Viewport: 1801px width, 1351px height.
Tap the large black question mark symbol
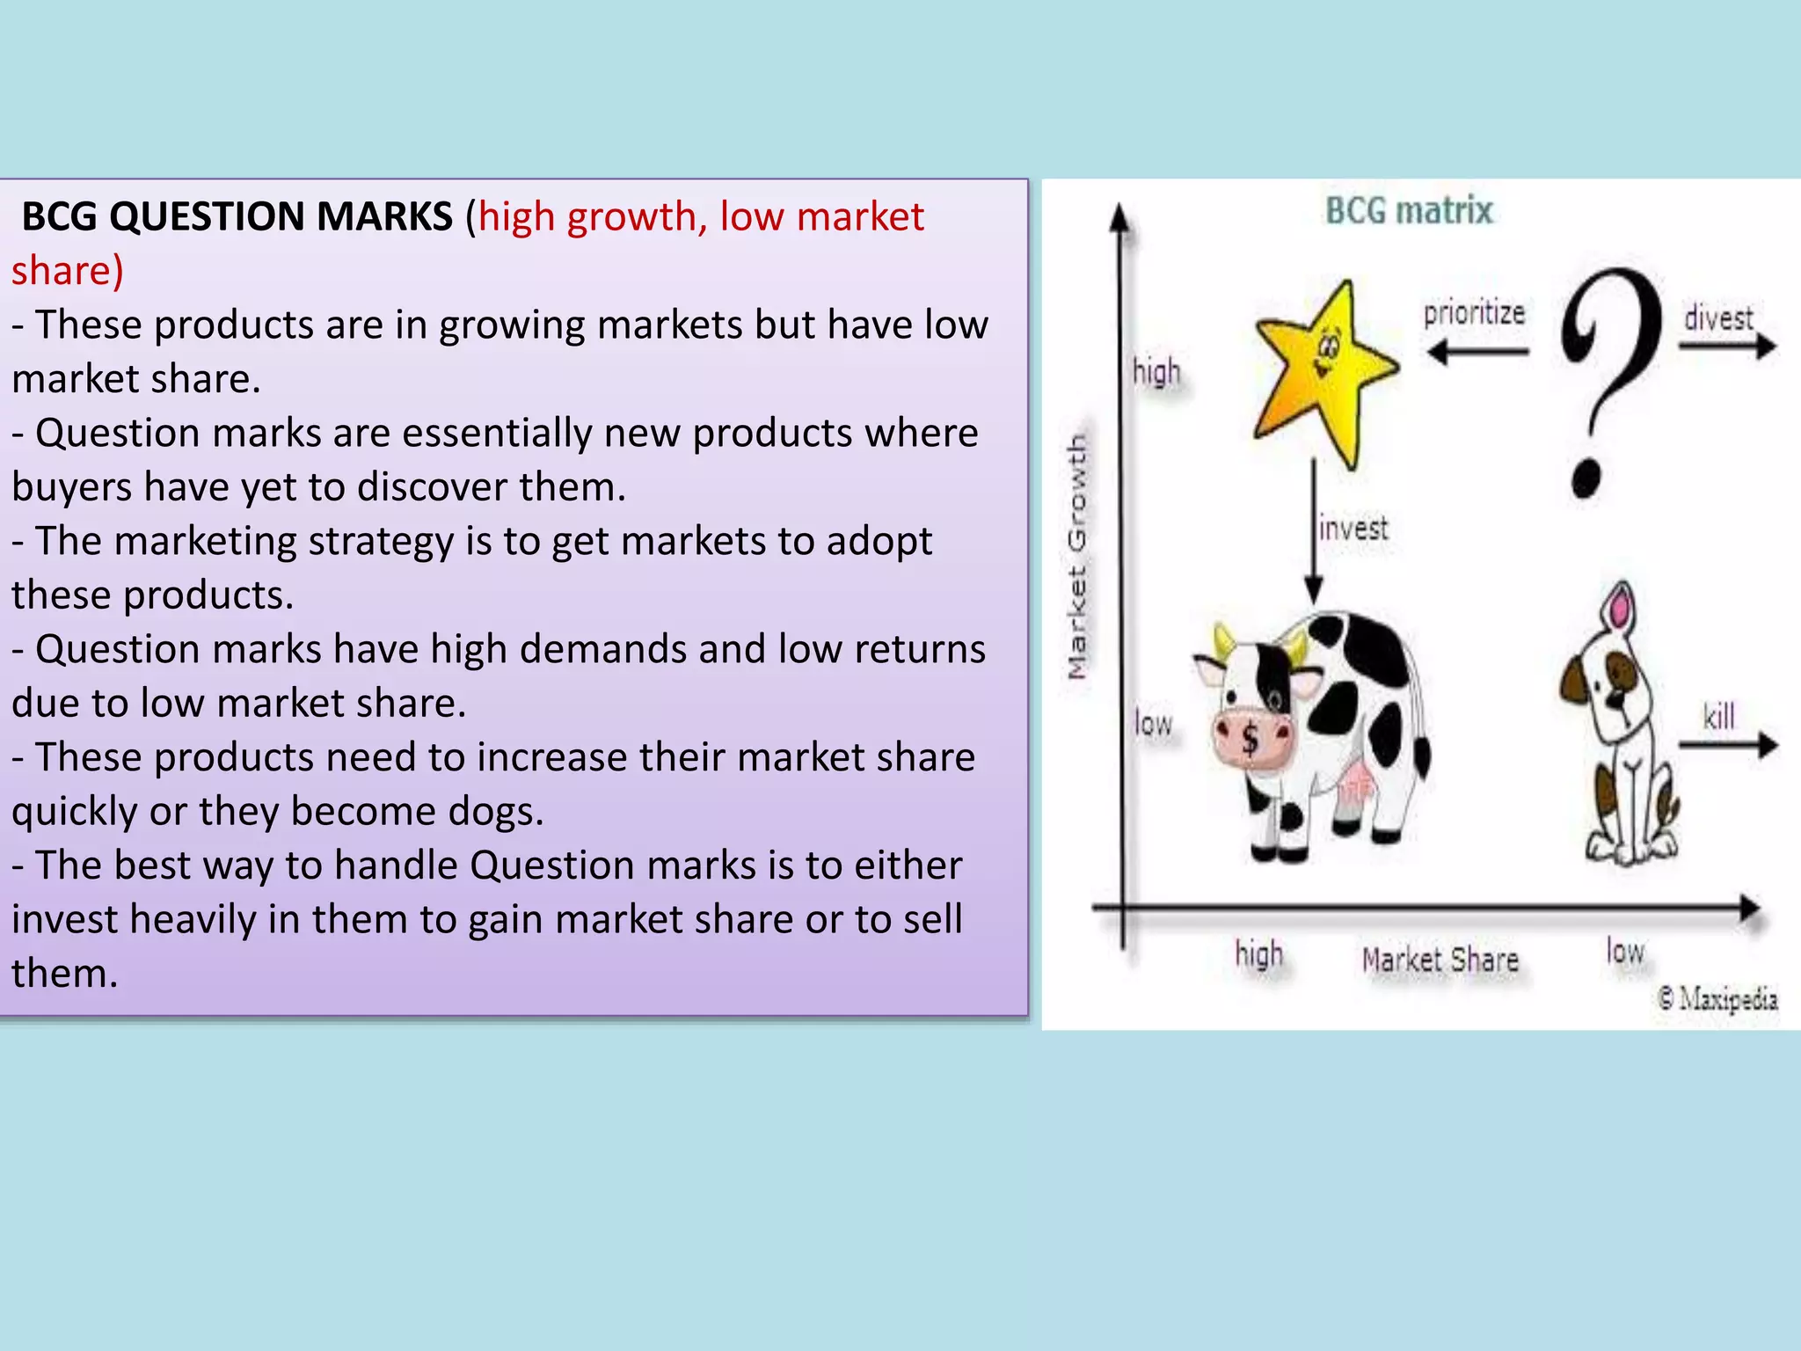coord(1609,378)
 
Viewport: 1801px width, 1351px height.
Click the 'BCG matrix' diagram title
coord(1409,211)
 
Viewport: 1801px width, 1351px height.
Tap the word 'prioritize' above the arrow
coord(1474,313)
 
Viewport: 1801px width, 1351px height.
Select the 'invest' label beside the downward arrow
coord(1353,528)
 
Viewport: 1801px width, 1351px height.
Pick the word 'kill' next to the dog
coord(1719,716)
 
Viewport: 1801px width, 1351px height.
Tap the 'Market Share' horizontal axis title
coord(1440,960)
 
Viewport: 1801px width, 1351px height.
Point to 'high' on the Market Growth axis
coord(1156,372)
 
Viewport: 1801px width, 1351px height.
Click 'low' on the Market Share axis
coord(1624,952)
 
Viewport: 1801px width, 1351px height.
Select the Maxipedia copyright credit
coord(1717,999)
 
